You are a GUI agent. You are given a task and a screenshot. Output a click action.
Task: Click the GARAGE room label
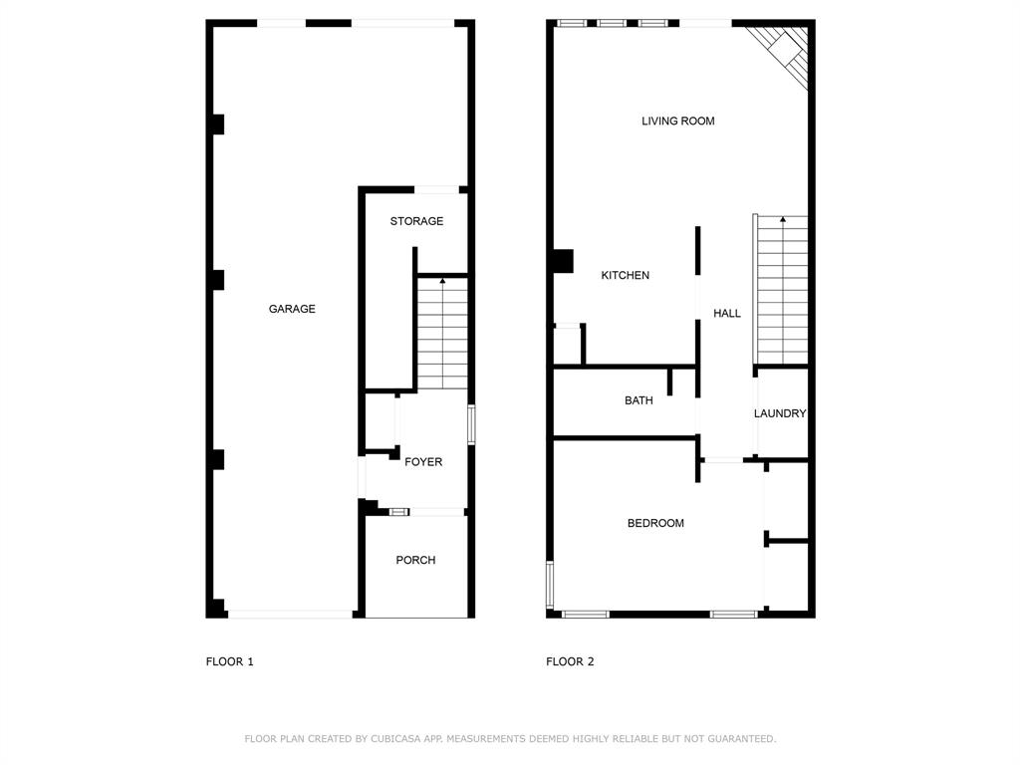[292, 309]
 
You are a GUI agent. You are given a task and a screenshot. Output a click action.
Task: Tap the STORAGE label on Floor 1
[416, 221]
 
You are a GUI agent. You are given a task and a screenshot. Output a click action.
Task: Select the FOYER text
[423, 462]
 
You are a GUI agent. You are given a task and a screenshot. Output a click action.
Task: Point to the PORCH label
[415, 560]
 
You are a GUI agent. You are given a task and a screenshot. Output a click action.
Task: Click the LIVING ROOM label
[677, 121]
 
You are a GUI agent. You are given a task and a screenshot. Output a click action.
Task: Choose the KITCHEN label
[626, 275]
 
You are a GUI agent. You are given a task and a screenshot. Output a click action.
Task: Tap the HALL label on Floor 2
[726, 313]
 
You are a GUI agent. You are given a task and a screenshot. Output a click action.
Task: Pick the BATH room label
[638, 400]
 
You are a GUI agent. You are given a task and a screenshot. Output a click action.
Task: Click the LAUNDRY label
[780, 413]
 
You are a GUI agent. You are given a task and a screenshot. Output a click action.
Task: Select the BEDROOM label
[655, 523]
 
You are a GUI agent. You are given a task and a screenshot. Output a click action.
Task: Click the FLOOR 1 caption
[230, 661]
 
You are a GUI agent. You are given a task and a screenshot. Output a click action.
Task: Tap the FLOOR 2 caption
[570, 661]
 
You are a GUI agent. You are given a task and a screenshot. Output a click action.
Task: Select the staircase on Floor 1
[442, 333]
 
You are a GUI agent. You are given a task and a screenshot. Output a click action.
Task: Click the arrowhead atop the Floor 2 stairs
[783, 220]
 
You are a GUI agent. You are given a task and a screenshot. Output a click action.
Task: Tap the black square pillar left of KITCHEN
[563, 261]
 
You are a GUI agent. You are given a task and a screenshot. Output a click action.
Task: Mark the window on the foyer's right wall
[471, 424]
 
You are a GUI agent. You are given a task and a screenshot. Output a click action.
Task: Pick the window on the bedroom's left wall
[550, 584]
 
